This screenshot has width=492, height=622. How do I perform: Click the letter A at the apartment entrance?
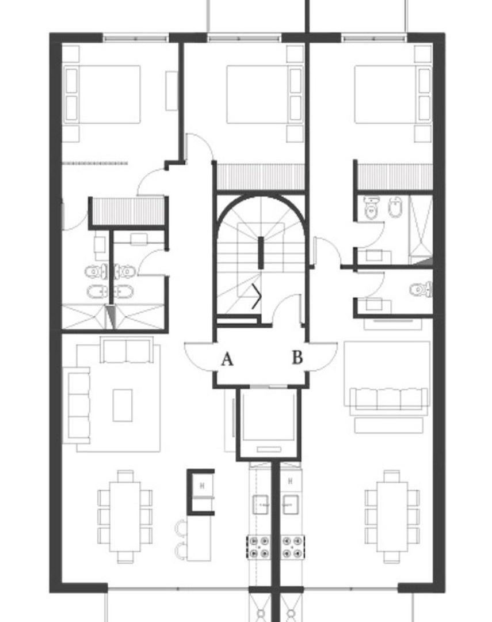[227, 359]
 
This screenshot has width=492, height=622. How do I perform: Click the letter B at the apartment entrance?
[298, 358]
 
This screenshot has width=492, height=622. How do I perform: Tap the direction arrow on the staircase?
[257, 296]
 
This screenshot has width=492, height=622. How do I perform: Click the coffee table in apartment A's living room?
[123, 405]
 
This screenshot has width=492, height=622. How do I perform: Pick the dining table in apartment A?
[125, 517]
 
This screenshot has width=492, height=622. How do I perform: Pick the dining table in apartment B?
[392, 517]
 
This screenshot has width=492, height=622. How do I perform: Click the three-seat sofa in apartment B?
[388, 399]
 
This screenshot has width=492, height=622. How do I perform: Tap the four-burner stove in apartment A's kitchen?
[260, 547]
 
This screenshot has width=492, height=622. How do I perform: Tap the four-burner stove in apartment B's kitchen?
[292, 547]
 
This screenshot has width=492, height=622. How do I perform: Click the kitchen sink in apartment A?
[261, 504]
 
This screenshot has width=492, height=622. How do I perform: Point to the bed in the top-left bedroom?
[102, 94]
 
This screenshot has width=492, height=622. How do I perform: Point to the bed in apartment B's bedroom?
[393, 94]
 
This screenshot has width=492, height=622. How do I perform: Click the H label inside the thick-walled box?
[202, 485]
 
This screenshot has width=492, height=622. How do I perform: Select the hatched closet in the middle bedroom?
[260, 177]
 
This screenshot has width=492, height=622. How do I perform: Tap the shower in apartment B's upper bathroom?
[420, 229]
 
